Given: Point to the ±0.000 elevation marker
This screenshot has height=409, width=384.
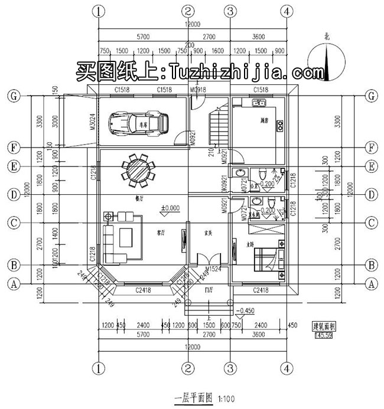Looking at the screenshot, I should (170, 208).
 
